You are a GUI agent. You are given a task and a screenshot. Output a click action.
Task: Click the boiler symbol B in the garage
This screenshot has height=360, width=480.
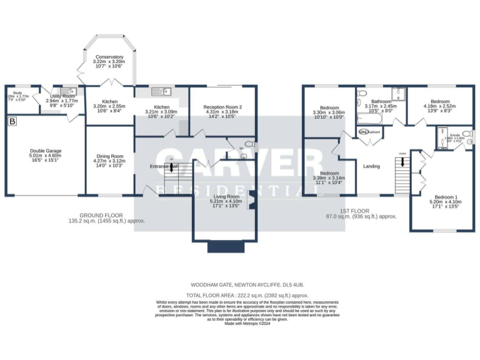click(x=11, y=122)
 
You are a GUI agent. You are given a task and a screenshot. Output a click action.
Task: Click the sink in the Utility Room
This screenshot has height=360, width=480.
click(x=71, y=91)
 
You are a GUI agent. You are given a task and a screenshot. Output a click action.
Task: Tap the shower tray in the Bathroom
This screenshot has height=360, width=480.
click(x=398, y=94)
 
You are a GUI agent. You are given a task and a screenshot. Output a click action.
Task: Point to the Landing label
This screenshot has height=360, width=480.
click(x=371, y=166)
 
